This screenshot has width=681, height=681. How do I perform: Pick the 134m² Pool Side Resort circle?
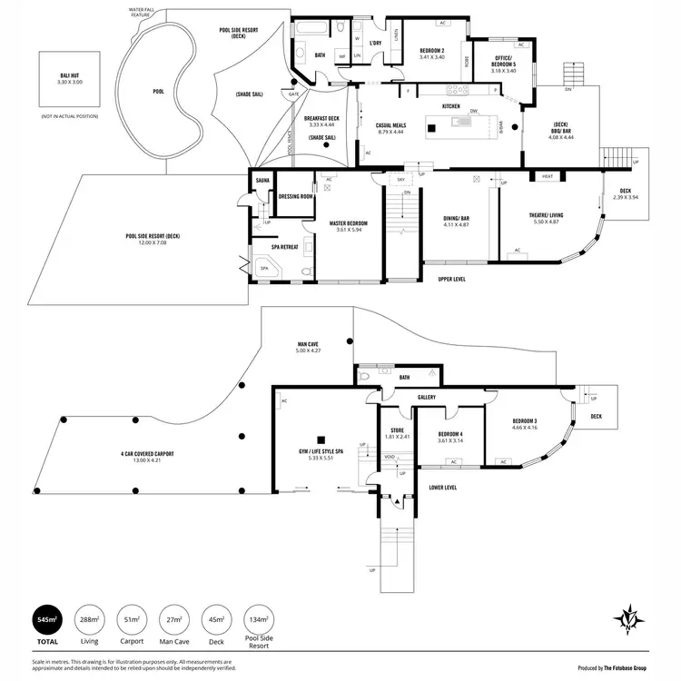click(259, 622)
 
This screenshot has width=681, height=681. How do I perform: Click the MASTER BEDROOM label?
click(328, 223)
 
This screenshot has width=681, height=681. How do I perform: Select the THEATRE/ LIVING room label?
click(546, 215)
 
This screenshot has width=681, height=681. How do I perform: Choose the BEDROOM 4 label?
click(450, 435)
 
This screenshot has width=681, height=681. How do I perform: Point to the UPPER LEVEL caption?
click(451, 279)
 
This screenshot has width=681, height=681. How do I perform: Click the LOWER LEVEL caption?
click(442, 487)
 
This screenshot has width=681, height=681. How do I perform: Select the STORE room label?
click(397, 430)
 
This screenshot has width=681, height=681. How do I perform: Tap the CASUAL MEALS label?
click(390, 125)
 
